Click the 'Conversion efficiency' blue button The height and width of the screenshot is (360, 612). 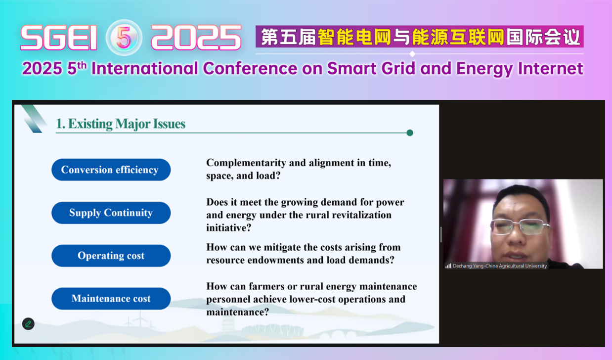click(111, 170)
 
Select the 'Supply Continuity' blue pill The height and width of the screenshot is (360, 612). click(111, 213)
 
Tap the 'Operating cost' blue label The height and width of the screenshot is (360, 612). click(111, 256)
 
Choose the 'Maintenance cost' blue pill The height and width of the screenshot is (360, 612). click(111, 299)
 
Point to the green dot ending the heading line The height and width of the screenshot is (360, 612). click(410, 133)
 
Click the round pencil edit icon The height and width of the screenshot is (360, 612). click(28, 324)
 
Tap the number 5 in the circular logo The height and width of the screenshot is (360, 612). click(124, 38)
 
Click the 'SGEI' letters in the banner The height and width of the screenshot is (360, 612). click(59, 38)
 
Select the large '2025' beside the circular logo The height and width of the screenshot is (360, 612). click(196, 38)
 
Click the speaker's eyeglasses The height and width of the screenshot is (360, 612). click(520, 226)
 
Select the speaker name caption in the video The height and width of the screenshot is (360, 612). click(500, 266)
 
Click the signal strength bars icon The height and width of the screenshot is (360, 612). click(448, 266)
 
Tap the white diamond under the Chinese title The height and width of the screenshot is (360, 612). click(413, 54)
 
